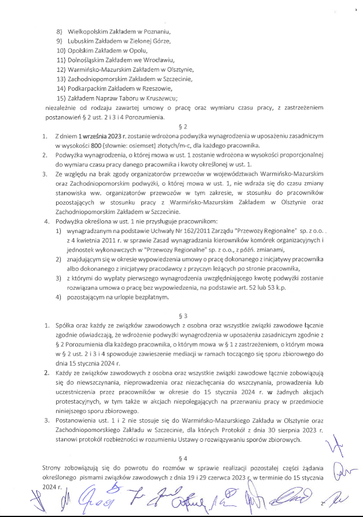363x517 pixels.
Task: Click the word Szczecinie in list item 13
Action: [175, 78]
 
